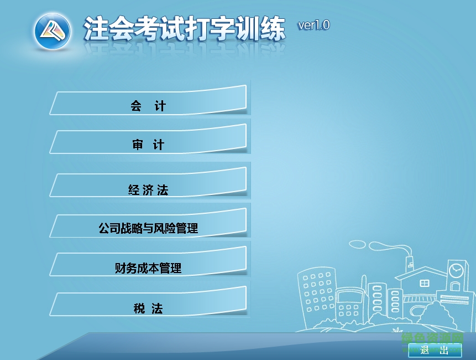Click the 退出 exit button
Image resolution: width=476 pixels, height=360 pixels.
pos(435,350)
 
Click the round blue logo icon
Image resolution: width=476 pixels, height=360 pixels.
pos(53,30)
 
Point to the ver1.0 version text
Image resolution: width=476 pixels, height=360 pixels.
pos(313,25)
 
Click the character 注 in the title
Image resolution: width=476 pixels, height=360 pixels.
pos(95,29)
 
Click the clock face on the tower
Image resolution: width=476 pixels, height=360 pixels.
pos(456,271)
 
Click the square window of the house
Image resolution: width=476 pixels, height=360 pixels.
pos(425,284)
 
